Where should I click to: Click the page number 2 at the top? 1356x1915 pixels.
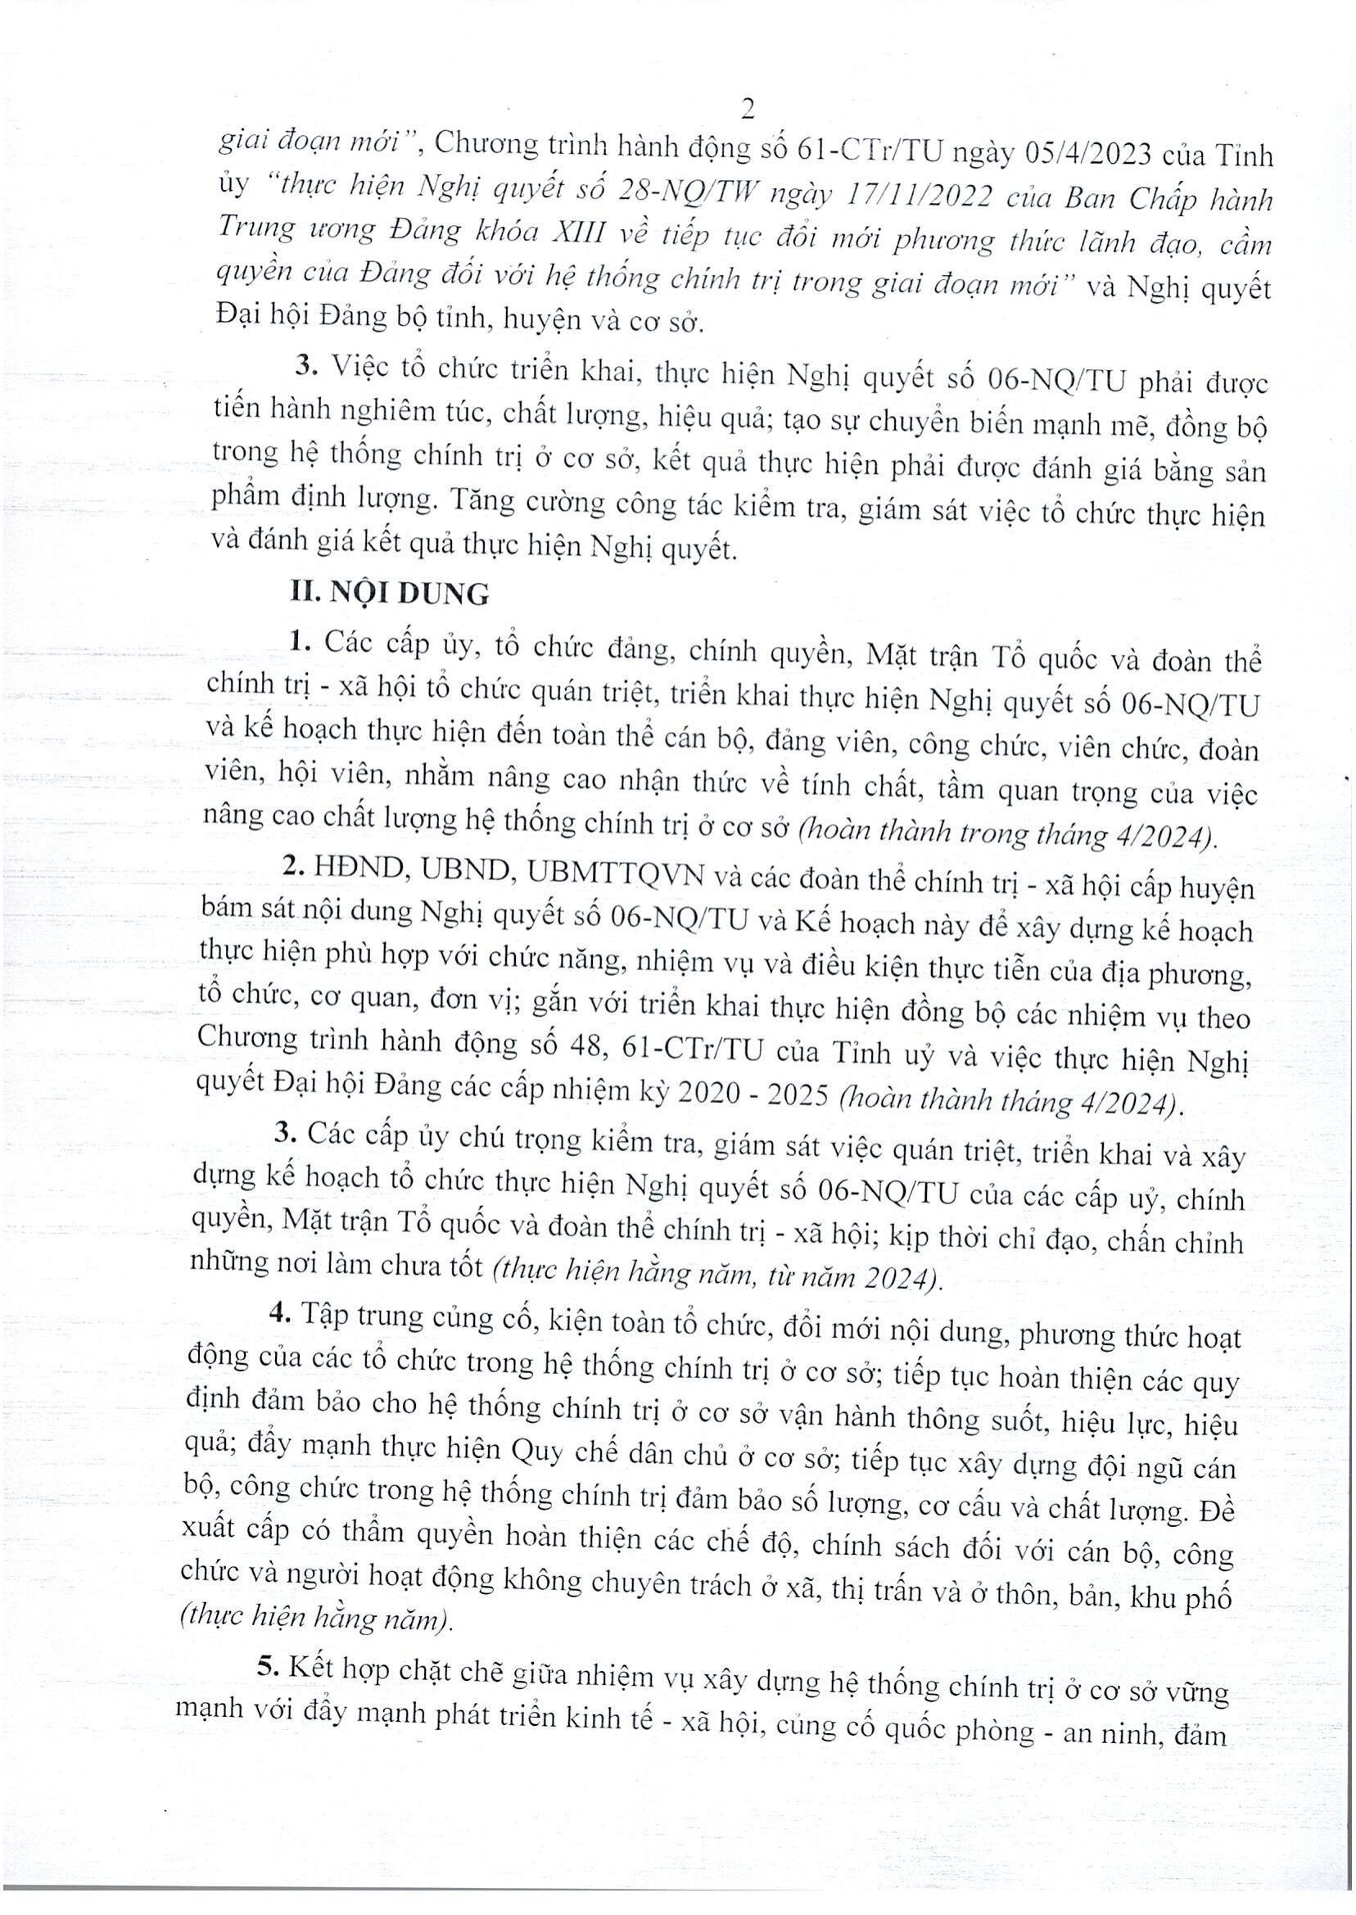tap(748, 110)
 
